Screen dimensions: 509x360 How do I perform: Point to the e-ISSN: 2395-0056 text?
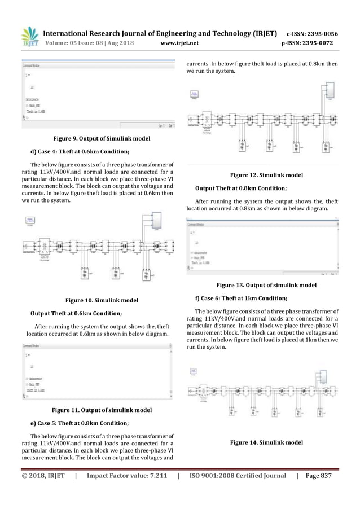(306, 33)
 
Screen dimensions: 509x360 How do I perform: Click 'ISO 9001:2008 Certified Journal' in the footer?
(237, 477)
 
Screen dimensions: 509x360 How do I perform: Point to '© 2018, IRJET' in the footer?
(45, 477)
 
